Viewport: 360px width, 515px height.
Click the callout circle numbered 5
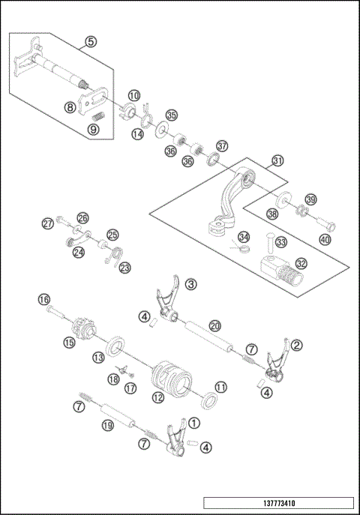(91, 42)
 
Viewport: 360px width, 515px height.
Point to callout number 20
(214, 326)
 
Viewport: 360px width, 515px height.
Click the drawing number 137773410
(277, 503)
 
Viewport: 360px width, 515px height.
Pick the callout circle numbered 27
(48, 223)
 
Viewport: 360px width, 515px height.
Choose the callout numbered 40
(325, 240)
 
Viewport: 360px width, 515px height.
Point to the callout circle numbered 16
(44, 299)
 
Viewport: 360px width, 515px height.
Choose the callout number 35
(172, 115)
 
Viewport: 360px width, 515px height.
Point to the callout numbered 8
(69, 107)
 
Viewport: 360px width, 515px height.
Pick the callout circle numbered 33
(281, 242)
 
